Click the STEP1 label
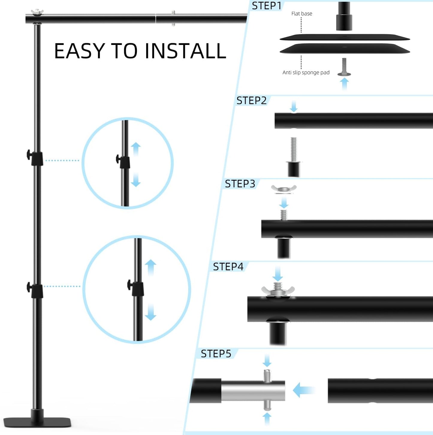[x=266, y=6]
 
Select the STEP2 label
[x=251, y=101]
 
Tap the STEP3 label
[x=240, y=184]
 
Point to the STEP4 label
[x=228, y=267]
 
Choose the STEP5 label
[x=216, y=354]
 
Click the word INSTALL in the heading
[x=185, y=51]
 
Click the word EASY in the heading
[x=79, y=51]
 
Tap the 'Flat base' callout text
[x=301, y=13]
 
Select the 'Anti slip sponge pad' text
[x=306, y=72]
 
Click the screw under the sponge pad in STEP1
[x=344, y=67]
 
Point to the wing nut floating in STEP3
[x=283, y=189]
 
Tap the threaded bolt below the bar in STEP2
[x=294, y=150]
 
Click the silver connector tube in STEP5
[x=253, y=390]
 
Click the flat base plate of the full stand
[x=37, y=422]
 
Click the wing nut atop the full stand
[x=37, y=12]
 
